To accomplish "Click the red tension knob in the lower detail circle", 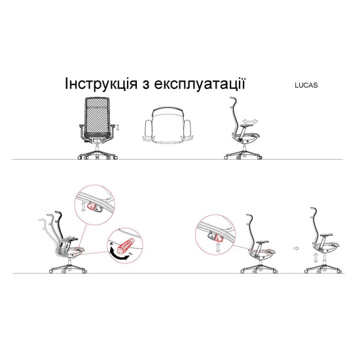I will [125, 243].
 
